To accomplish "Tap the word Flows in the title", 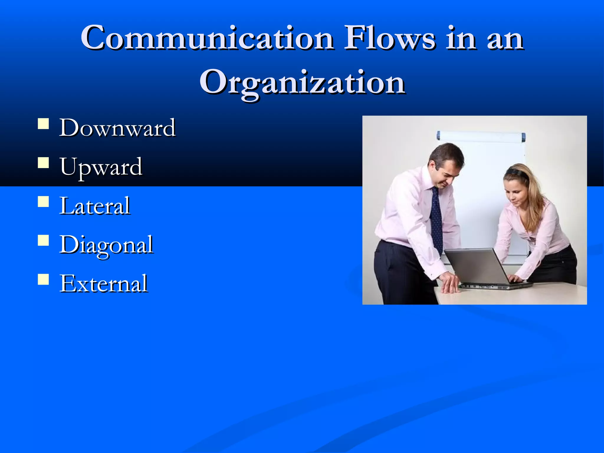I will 390,38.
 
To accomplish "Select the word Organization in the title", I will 302,83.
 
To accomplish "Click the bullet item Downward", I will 117,128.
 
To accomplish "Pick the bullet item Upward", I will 101,167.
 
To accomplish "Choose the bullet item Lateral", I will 95,206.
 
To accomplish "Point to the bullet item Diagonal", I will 106,245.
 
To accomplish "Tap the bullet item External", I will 103,283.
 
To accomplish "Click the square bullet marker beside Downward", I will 43,124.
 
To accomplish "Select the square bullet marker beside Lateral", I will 43,202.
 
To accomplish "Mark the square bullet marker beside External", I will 43,279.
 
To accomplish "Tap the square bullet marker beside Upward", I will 43,163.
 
